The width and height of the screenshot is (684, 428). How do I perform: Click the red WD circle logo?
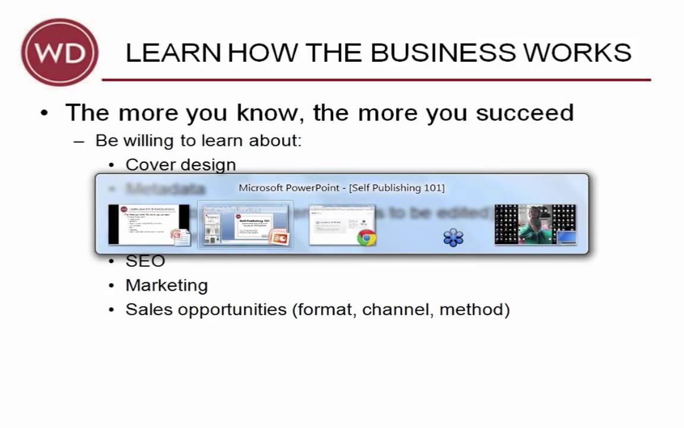59,52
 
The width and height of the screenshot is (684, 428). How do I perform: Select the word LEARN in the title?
173,53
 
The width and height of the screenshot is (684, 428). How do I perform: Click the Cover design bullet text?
180,165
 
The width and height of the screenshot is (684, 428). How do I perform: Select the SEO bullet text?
145,261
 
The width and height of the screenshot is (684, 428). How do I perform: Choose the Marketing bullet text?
166,285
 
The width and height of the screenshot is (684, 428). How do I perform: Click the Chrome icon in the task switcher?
366,237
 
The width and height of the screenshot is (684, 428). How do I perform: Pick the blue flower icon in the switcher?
453,238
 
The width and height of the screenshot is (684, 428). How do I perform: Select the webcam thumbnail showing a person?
534,225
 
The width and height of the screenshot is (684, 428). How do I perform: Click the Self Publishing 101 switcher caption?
341,188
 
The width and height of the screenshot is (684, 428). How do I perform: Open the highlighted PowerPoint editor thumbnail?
245,225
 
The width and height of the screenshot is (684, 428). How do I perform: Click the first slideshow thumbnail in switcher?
148,225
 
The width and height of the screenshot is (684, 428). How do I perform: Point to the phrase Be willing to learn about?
198,141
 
